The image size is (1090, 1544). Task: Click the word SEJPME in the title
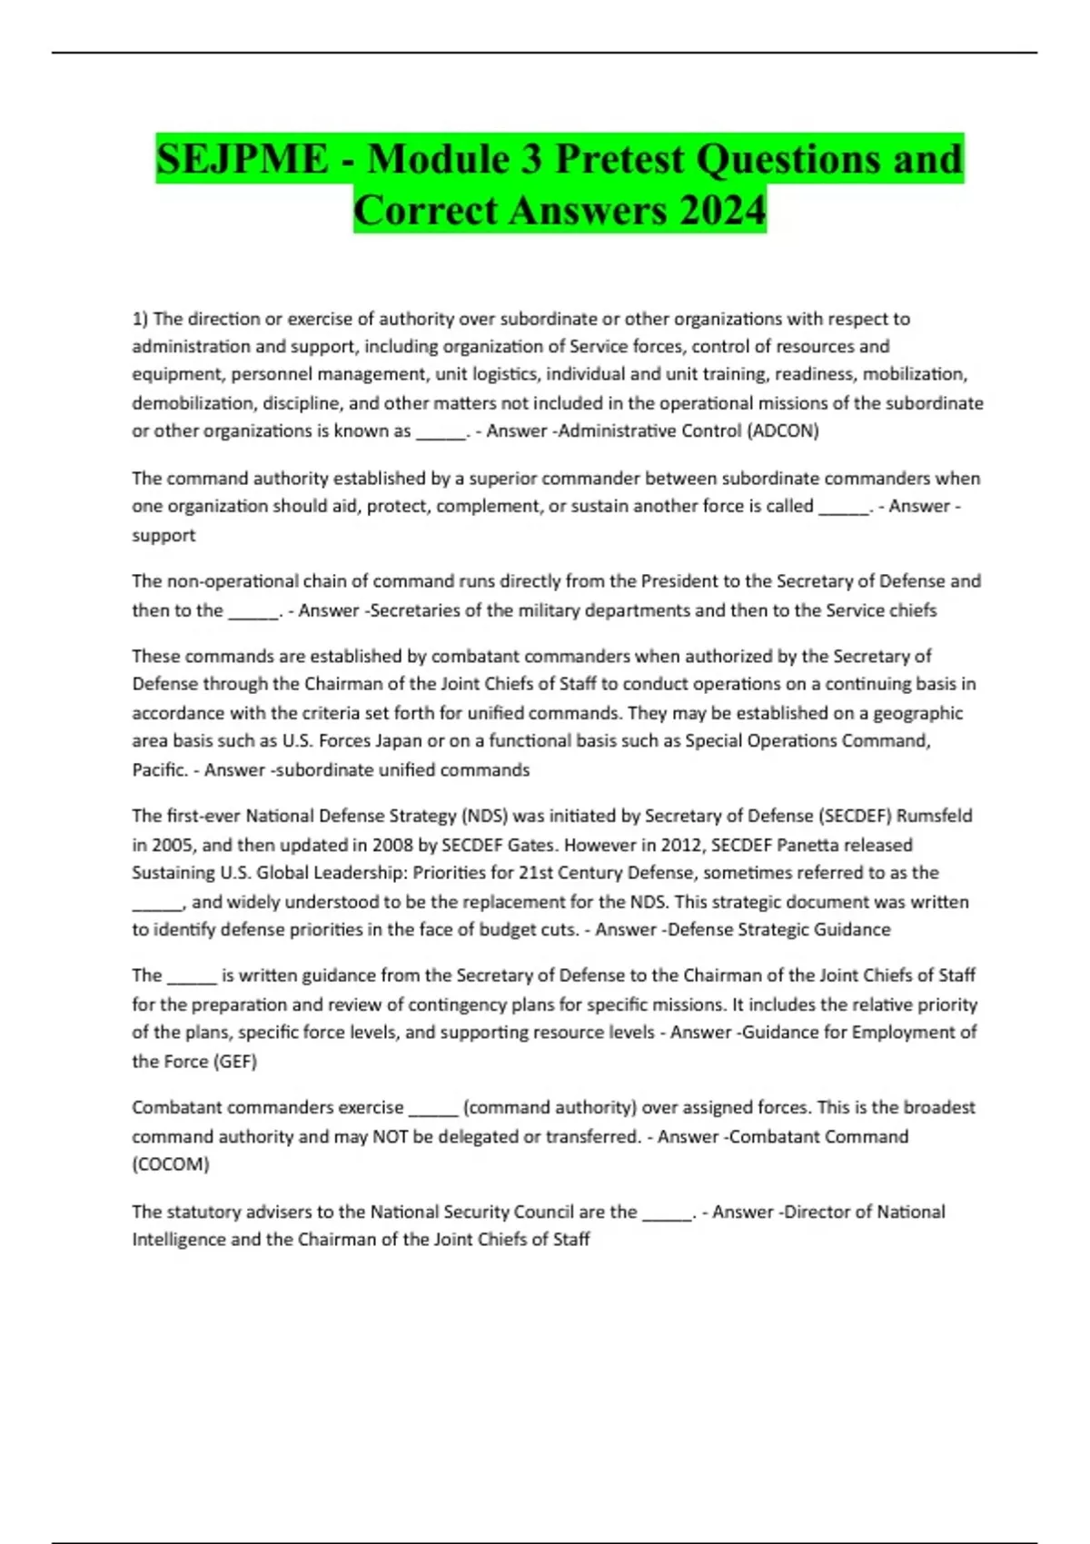(x=242, y=160)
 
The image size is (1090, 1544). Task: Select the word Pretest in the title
(x=619, y=160)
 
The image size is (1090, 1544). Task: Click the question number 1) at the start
(x=140, y=319)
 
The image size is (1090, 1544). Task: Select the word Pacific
(x=159, y=769)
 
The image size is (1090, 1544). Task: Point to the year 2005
(x=173, y=845)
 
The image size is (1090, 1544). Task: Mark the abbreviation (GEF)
(x=234, y=1061)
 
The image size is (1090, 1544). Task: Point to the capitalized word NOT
(x=391, y=1136)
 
